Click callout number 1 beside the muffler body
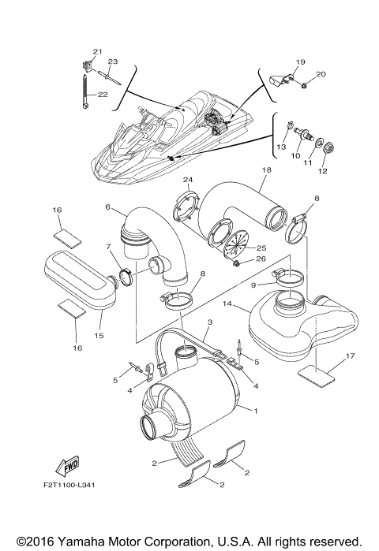tap(255, 411)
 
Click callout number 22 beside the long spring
tap(103, 95)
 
